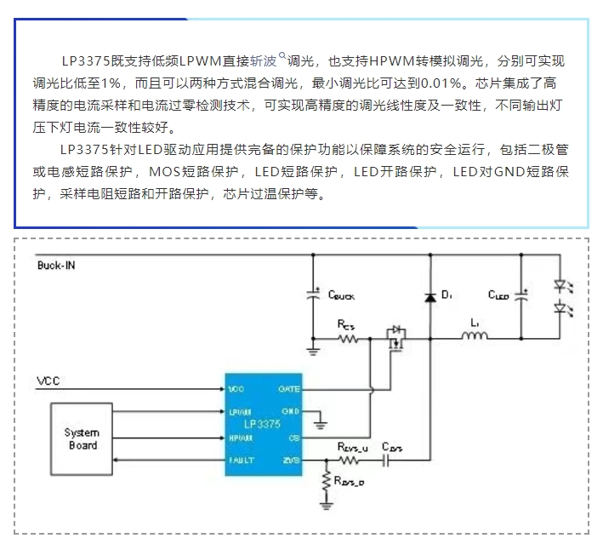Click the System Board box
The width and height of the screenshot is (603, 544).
point(82,439)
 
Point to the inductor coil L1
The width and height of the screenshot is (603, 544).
point(474,339)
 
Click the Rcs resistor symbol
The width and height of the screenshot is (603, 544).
point(347,339)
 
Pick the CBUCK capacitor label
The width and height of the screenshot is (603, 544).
point(346,295)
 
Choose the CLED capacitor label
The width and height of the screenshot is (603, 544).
point(499,295)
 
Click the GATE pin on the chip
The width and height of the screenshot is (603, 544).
point(289,388)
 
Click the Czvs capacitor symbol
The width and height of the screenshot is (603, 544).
point(387,461)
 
